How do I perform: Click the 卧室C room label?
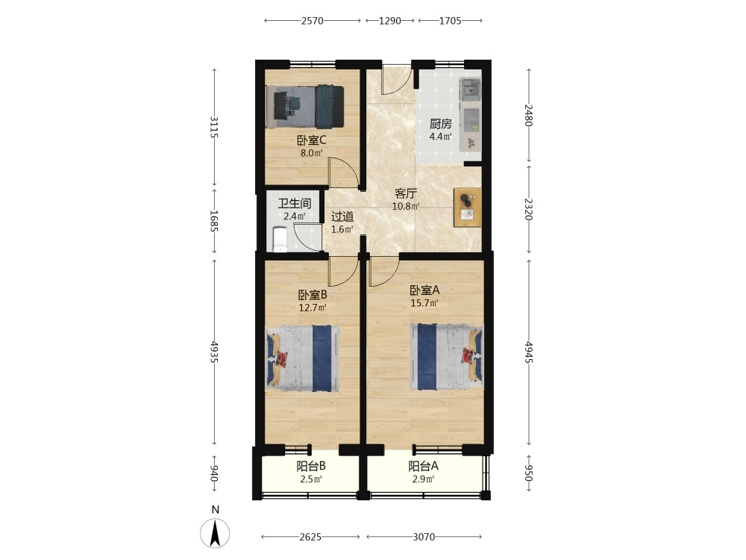(312, 140)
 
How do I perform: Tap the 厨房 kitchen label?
(441, 124)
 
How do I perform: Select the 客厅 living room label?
(406, 194)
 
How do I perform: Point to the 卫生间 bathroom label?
(295, 204)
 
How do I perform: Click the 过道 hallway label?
(342, 217)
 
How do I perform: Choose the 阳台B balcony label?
(311, 466)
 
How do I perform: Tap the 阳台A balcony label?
(424, 466)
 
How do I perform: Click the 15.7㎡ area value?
(424, 303)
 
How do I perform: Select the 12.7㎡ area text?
(313, 308)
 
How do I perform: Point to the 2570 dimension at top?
(313, 20)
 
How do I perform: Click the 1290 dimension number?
(390, 20)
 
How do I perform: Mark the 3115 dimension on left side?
(214, 127)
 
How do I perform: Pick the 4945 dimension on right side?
(529, 352)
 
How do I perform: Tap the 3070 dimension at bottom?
(424, 537)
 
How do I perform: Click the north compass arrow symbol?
(215, 533)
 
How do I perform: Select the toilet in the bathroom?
(280, 240)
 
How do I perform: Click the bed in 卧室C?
(305, 107)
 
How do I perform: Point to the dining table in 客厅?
(467, 208)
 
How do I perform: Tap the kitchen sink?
(470, 89)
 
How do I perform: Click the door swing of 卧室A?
(384, 272)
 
